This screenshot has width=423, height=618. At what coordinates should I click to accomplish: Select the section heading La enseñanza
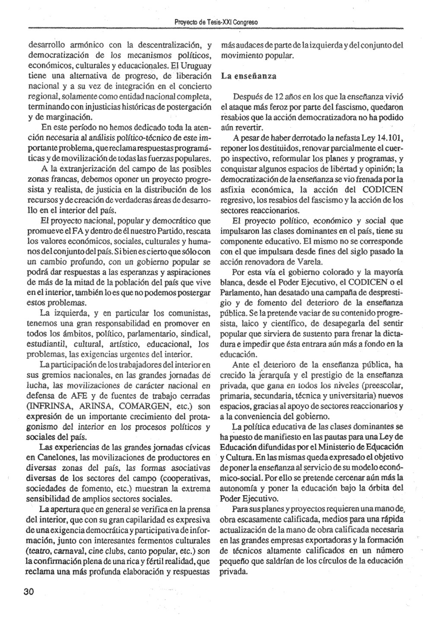coord(249,76)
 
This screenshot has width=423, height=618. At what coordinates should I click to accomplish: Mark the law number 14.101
coord(390,139)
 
